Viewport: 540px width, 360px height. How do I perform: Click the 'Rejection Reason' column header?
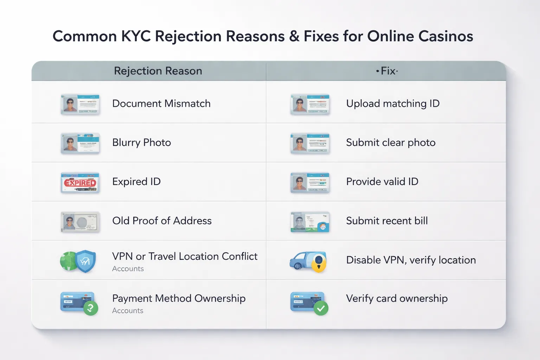click(x=158, y=71)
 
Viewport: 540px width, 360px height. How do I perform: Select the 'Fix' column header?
click(x=387, y=71)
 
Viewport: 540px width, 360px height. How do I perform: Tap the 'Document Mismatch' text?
click(x=161, y=104)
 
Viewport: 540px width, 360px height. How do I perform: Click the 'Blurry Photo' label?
click(x=141, y=143)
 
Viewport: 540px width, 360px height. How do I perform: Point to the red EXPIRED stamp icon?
click(x=80, y=183)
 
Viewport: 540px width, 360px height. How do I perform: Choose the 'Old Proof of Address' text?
click(x=162, y=221)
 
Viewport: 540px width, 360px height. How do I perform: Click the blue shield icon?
click(x=85, y=261)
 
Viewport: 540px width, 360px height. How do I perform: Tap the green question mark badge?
click(x=91, y=308)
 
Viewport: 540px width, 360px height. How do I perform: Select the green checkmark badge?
click(x=321, y=308)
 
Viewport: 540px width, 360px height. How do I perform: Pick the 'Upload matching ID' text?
click(x=393, y=104)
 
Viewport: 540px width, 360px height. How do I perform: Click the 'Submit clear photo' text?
click(x=391, y=143)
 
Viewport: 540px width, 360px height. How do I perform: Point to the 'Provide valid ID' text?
click(x=382, y=182)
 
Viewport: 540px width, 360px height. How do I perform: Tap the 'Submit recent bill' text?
click(x=387, y=221)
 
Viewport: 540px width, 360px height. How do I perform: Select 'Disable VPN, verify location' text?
click(x=411, y=260)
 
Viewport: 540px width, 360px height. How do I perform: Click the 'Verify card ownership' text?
click(x=397, y=298)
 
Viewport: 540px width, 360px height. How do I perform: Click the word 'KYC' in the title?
click(x=136, y=36)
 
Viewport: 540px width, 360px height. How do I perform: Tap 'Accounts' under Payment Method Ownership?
click(x=128, y=311)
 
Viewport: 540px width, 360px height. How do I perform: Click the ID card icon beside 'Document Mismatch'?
click(x=80, y=104)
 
